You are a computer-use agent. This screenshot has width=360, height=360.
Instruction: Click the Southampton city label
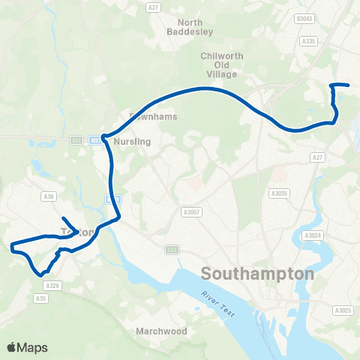pyautogui.click(x=257, y=273)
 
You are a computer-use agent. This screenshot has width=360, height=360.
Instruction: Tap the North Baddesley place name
pyautogui.click(x=191, y=27)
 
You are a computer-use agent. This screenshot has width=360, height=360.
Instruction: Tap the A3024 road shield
pyautogui.click(x=312, y=235)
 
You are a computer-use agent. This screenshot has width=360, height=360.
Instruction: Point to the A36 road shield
pyautogui.click(x=49, y=197)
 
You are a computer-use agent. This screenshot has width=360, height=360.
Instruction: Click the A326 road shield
pyautogui.click(x=52, y=285)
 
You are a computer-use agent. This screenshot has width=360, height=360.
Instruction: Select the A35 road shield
pyautogui.click(x=40, y=298)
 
